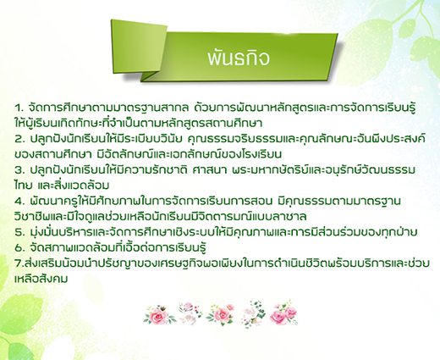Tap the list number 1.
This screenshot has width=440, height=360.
(x=19, y=108)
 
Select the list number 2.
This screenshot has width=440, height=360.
(x=19, y=139)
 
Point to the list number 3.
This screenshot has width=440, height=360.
(x=19, y=170)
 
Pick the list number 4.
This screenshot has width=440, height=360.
(x=19, y=201)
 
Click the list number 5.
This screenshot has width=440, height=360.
(x=19, y=232)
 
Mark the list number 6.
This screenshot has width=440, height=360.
(x=19, y=247)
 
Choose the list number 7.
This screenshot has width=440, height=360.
(x=19, y=263)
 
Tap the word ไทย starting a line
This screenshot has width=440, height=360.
(x=23, y=186)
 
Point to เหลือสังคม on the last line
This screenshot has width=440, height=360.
(x=41, y=279)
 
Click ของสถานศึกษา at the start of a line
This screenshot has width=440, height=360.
(x=52, y=154)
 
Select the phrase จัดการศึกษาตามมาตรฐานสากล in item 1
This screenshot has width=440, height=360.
(x=108, y=108)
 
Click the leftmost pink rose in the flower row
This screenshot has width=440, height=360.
(x=158, y=315)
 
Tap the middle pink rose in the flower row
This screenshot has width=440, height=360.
(x=221, y=314)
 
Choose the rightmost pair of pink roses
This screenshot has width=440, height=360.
(x=283, y=313)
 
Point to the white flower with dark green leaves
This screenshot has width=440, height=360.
(x=253, y=313)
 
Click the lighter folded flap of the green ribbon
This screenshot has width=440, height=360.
(x=139, y=46)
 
